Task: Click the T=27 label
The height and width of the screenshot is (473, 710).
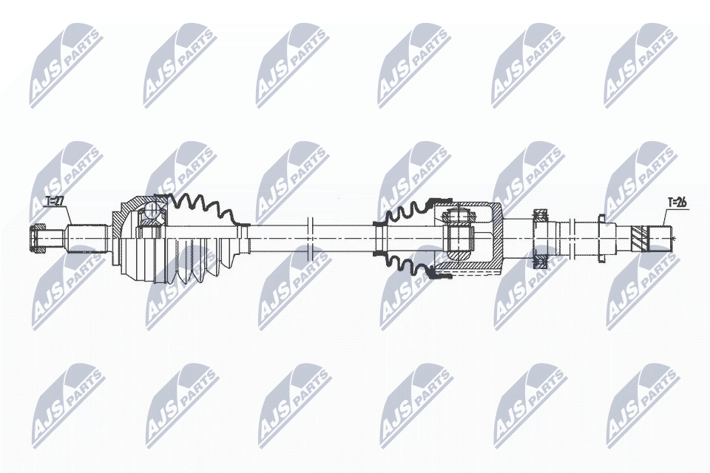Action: (x=55, y=200)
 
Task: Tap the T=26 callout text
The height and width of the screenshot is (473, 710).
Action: (x=677, y=200)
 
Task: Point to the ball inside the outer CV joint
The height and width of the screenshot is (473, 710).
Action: (x=151, y=211)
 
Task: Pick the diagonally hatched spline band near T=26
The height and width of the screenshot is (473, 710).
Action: (x=640, y=238)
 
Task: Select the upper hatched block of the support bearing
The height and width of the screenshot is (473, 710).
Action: (x=541, y=216)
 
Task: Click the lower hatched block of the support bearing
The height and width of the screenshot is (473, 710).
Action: (x=541, y=259)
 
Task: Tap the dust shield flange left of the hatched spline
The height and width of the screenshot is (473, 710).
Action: (x=601, y=237)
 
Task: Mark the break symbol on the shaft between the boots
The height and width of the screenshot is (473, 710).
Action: (x=311, y=237)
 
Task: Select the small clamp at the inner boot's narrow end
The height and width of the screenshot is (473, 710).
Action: (x=379, y=237)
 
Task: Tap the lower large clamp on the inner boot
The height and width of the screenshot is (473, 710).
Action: (x=442, y=277)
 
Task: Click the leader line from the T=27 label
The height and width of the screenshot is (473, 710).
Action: (x=67, y=217)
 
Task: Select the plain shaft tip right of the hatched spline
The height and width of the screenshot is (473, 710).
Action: (x=663, y=238)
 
